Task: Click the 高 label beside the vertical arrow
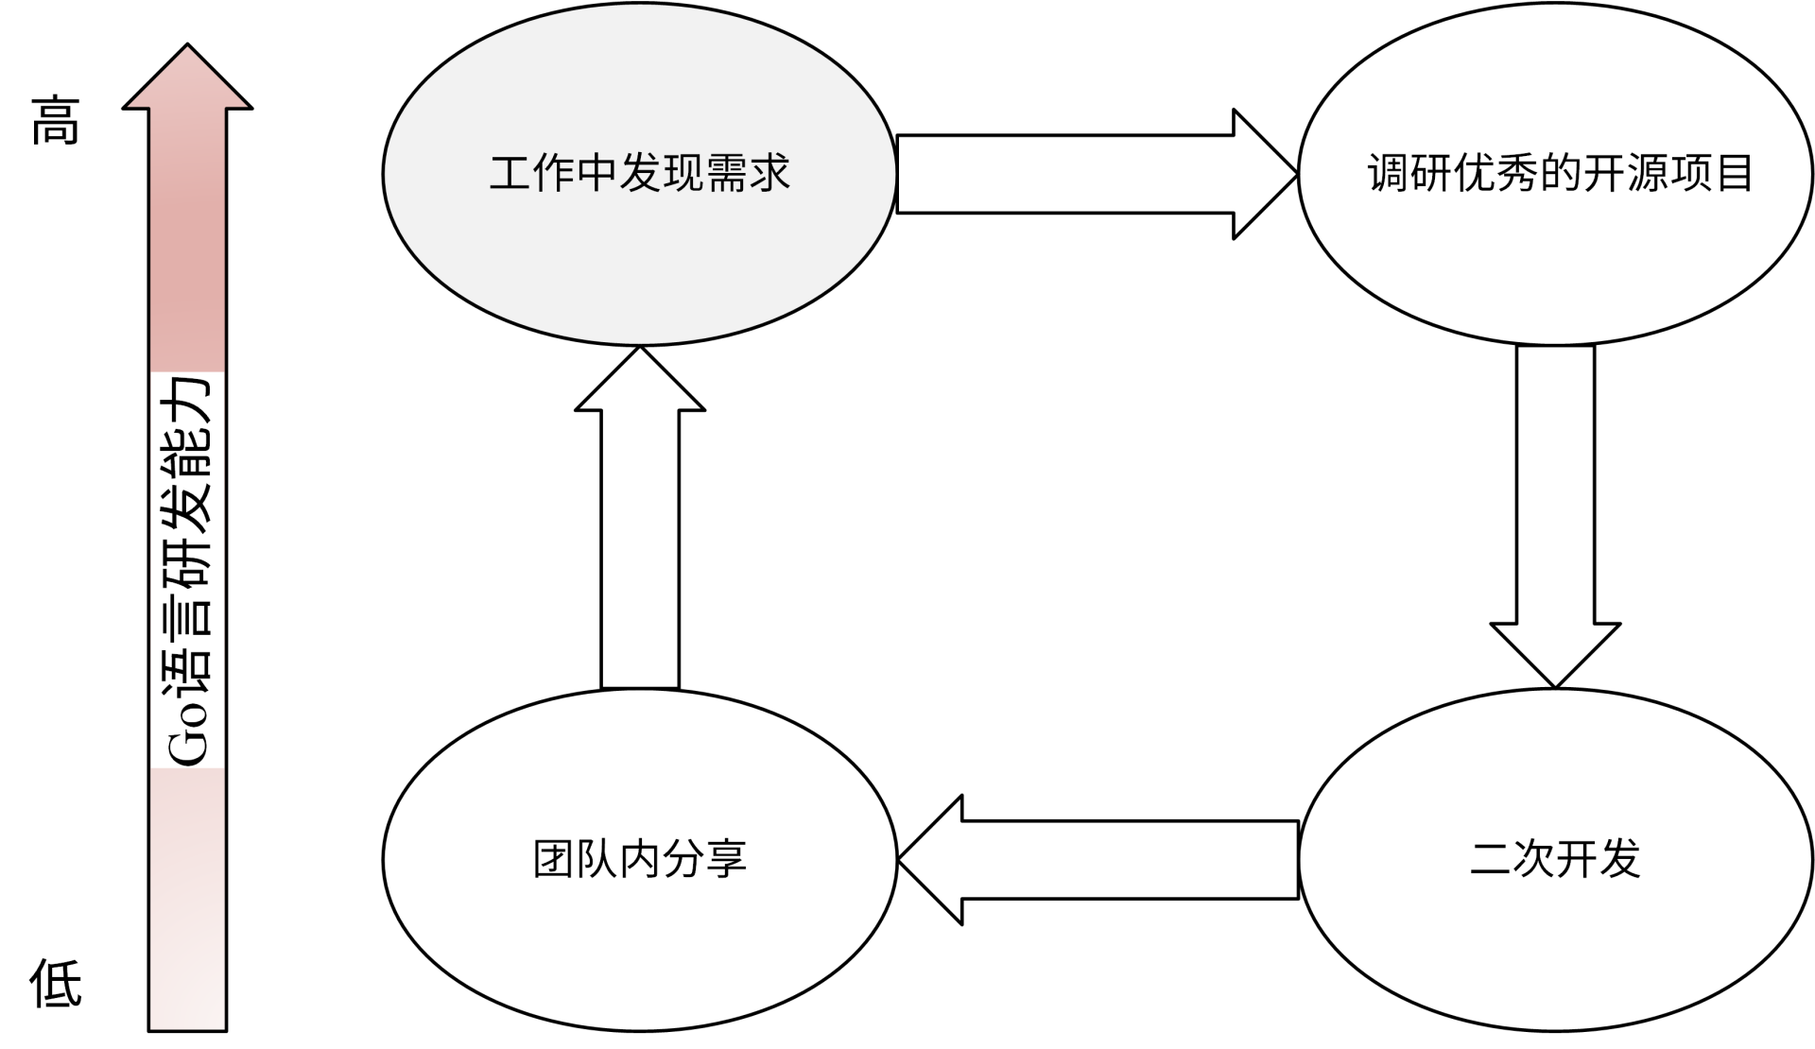point(56,121)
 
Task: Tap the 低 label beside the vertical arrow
point(56,983)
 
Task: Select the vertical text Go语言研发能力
point(187,570)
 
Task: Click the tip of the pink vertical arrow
point(187,47)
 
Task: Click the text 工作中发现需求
point(640,174)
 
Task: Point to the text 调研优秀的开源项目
point(1560,174)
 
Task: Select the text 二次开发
point(1555,859)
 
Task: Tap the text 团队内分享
point(640,859)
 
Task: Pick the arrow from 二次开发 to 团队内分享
point(1097,859)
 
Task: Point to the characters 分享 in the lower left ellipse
point(705,859)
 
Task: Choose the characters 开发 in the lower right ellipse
point(1599,859)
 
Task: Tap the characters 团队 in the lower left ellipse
point(576,859)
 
